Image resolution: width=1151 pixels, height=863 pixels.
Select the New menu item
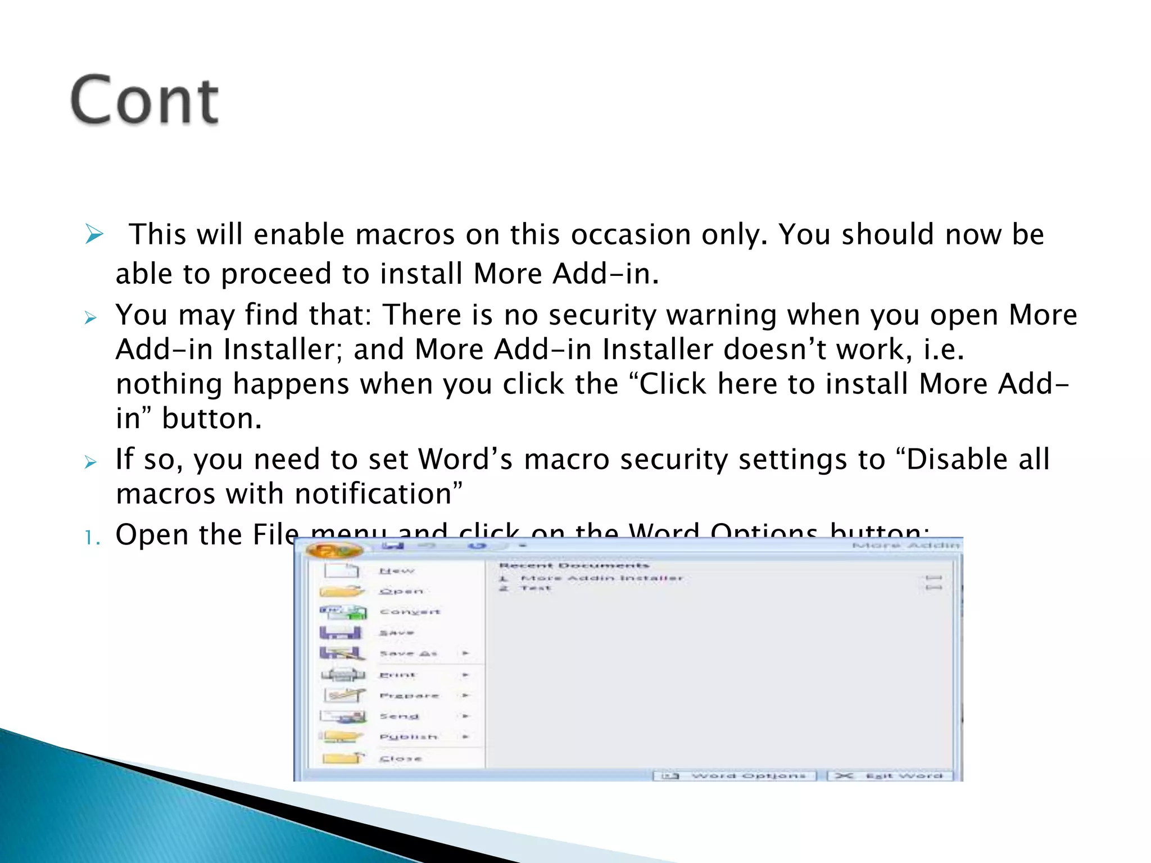(396, 571)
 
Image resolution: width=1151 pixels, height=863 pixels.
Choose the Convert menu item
(410, 612)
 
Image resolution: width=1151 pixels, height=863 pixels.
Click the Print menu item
(397, 675)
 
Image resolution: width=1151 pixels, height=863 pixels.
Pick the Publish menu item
(409, 737)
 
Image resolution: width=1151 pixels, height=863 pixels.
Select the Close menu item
(400, 758)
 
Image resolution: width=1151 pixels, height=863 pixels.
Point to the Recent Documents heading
(574, 565)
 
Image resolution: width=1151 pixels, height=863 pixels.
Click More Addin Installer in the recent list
(601, 578)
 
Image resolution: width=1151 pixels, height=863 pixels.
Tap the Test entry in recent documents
(536, 588)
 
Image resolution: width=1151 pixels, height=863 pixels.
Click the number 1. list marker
(92, 538)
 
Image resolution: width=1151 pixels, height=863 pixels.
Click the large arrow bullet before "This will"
(94, 234)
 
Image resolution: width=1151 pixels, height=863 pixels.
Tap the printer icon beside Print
(343, 674)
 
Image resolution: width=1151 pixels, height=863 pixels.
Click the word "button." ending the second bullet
(212, 419)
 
